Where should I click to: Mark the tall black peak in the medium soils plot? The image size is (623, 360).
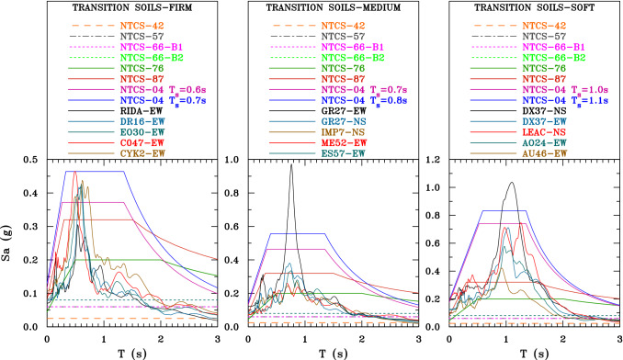coord(291,165)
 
